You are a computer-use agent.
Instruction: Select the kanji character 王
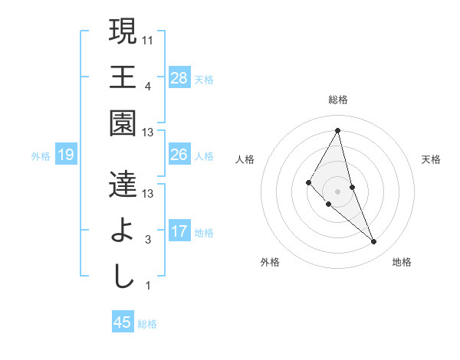point(123,78)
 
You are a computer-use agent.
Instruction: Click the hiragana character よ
point(123,231)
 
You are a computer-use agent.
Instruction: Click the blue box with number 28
point(179,78)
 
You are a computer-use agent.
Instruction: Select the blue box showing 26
point(179,155)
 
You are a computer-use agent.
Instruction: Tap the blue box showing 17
point(179,231)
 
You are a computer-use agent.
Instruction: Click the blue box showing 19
point(65,155)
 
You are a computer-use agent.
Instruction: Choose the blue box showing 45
point(123,322)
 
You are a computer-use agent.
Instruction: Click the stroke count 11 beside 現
point(148,39)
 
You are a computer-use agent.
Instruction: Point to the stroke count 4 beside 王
point(148,86)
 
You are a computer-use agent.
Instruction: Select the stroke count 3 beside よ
point(148,240)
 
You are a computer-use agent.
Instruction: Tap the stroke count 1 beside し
point(148,286)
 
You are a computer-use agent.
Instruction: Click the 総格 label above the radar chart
point(337,100)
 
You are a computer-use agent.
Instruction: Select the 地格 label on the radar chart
point(402,262)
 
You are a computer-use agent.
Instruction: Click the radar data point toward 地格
point(373,241)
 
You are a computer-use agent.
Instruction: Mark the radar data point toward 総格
point(337,130)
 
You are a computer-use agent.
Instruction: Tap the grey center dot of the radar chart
point(337,190)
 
